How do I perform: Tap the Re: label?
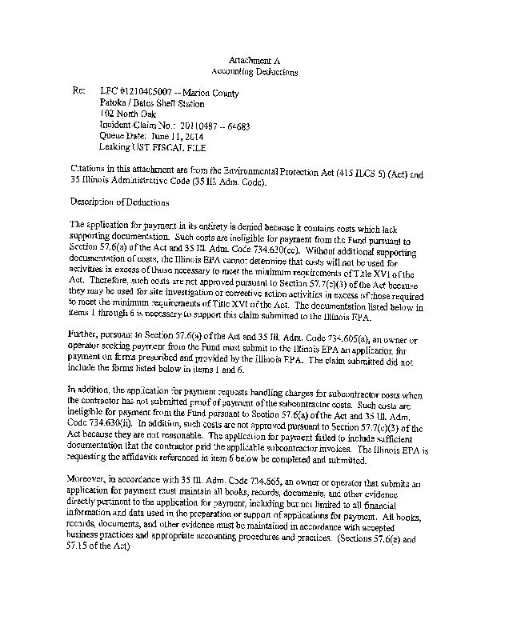(x=78, y=93)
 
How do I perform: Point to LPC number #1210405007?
(x=150, y=93)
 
